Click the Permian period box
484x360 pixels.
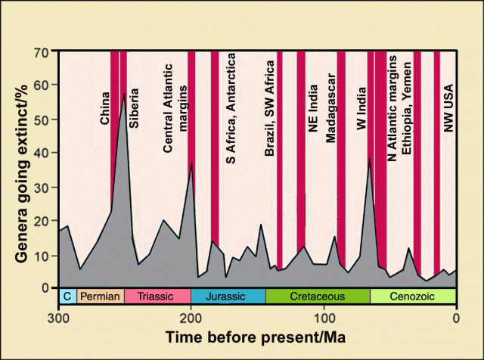pos(101,296)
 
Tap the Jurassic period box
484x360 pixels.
pos(227,296)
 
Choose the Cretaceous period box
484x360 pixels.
pos(317,296)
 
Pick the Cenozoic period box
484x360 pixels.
pos(412,296)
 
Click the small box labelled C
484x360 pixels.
pos(67,296)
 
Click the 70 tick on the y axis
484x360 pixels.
pos(42,51)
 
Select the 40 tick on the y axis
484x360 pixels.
pos(42,153)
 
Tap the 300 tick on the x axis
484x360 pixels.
pos(59,315)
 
